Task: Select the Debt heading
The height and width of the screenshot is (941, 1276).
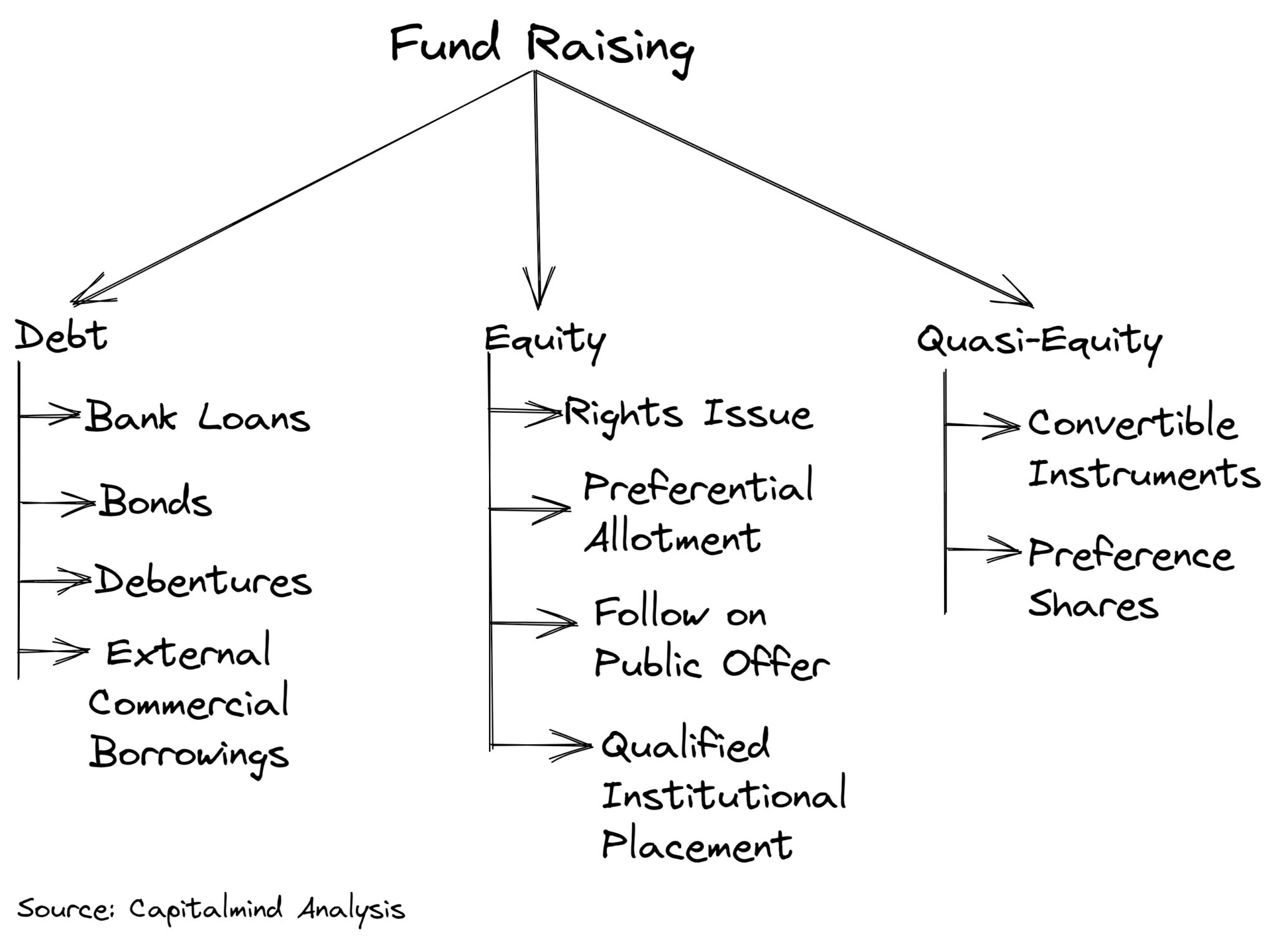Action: click(61, 337)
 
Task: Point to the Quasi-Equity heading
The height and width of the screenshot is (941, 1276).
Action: click(1039, 341)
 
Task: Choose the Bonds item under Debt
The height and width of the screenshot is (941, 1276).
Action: click(156, 501)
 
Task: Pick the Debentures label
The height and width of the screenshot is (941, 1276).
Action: click(202, 581)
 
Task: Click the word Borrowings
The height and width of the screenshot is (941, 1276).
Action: click(189, 754)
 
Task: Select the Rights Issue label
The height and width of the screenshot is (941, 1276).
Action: click(688, 414)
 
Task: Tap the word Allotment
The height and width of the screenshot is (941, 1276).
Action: click(672, 537)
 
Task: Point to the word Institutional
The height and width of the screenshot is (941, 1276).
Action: click(723, 795)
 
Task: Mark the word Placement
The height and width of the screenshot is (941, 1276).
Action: click(697, 846)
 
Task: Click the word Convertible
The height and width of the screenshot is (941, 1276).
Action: click(1131, 423)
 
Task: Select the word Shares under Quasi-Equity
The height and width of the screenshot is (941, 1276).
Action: click(1093, 604)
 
